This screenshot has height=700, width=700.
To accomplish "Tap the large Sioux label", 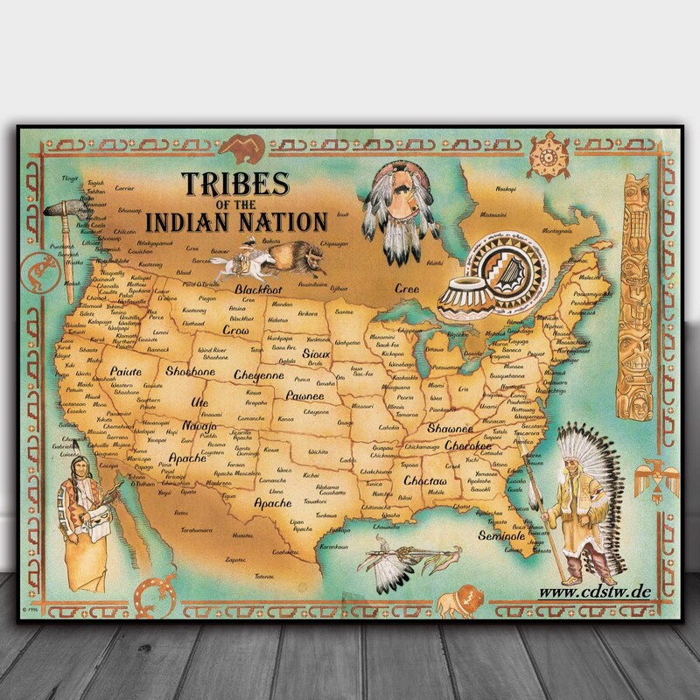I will [x=316, y=352].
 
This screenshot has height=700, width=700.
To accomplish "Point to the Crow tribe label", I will [x=235, y=331].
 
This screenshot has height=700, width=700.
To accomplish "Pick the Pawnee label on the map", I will [x=304, y=395].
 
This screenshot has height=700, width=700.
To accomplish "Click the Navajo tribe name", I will [x=199, y=426].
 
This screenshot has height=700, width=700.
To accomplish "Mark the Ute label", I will [x=200, y=402].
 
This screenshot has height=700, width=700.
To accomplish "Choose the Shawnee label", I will [x=450, y=429].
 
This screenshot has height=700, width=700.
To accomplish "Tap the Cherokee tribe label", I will [x=469, y=445].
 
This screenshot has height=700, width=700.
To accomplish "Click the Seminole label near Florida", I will [x=501, y=535].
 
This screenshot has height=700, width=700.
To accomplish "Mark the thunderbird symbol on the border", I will [x=653, y=478].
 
